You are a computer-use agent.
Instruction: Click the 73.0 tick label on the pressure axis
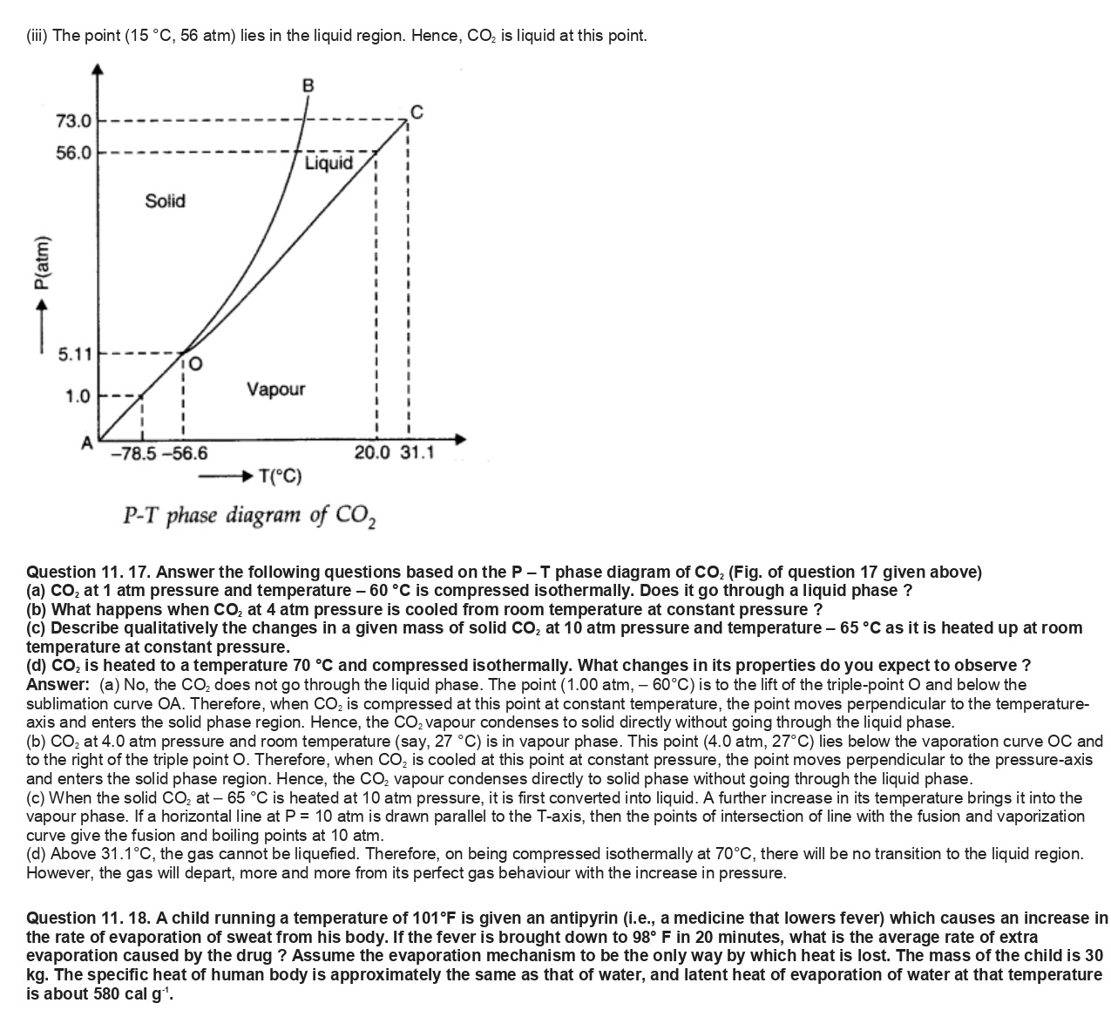click(73, 120)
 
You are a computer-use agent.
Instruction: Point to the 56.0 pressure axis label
click(73, 153)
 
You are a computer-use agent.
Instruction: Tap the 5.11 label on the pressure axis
click(74, 355)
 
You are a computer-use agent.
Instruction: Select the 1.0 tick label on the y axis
click(78, 397)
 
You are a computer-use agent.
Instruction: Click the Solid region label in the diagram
click(166, 201)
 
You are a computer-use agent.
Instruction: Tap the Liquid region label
click(329, 164)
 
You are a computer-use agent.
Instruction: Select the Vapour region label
click(276, 389)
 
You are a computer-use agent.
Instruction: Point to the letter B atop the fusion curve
click(307, 85)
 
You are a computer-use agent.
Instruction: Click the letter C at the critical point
click(417, 111)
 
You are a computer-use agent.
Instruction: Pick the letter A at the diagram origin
click(87, 443)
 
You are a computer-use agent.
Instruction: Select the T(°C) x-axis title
click(281, 477)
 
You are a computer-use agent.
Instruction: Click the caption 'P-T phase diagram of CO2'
click(249, 516)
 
